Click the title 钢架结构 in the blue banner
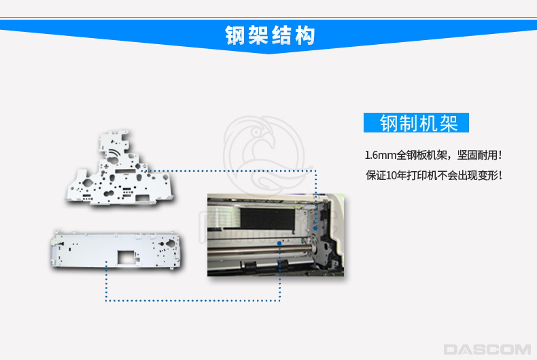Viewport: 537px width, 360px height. pos(270,35)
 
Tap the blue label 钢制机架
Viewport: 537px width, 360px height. pos(416,122)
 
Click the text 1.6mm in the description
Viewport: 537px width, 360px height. pos(380,156)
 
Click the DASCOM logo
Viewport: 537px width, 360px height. pos(487,349)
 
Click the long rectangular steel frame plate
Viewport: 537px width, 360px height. pos(116,249)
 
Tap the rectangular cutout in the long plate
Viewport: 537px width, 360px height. pos(126,257)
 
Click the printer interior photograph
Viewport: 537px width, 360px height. pos(276,235)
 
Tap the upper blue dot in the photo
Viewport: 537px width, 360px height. pos(315,228)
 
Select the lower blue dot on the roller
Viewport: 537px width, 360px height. pos(279,243)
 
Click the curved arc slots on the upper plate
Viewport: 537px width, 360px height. pos(115,153)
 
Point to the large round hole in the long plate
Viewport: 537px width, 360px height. pos(170,243)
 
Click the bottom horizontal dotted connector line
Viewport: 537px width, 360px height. pos(193,301)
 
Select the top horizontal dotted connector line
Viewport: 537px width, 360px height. pos(230,170)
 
